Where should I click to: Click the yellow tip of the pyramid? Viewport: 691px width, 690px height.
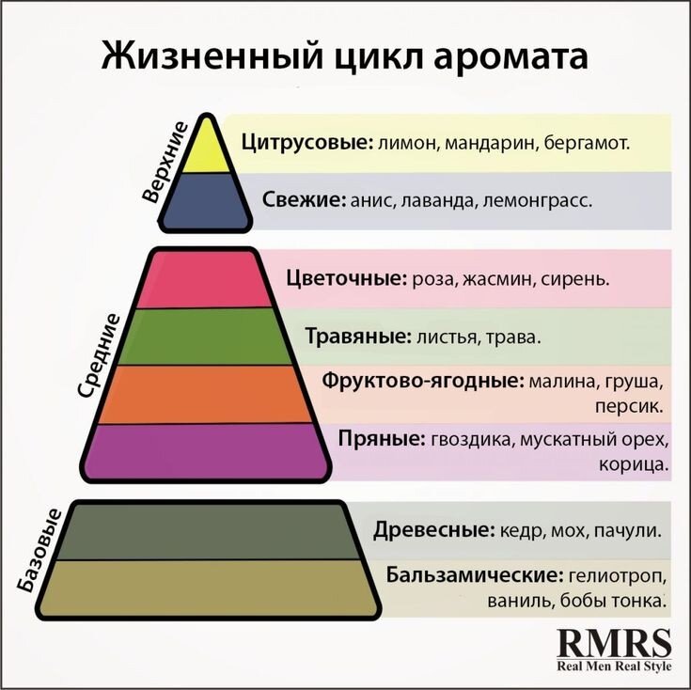205,150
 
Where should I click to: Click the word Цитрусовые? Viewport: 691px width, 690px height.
305,143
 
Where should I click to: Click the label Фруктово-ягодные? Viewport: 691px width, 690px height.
422,381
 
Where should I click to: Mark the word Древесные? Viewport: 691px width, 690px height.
433,529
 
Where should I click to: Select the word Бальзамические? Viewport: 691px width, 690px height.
473,573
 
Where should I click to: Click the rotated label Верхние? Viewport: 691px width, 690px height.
165,162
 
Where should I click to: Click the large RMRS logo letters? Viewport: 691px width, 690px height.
615,643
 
